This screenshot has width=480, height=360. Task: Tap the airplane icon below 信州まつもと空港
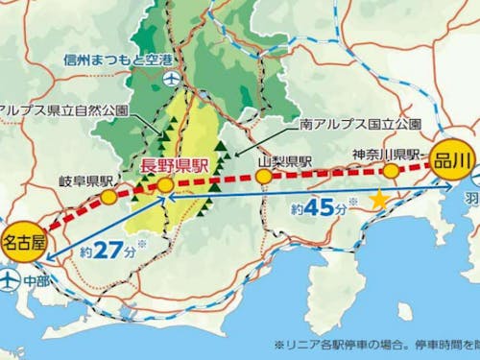171,78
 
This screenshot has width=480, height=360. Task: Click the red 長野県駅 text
176,165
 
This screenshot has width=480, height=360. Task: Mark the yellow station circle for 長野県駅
165,184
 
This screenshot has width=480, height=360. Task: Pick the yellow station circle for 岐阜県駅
108,198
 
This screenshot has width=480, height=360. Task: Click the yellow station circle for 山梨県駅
263,178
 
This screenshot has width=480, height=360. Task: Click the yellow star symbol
379,201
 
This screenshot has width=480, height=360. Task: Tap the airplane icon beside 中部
10,281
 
